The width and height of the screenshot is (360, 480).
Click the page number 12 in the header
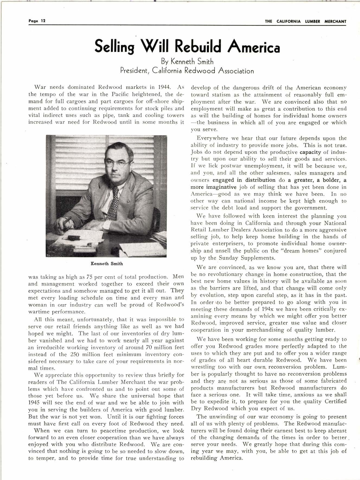[43, 21]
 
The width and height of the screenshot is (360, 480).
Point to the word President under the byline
[134, 71]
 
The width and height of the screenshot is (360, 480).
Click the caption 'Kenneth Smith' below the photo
[107, 264]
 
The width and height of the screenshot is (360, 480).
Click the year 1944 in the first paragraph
[164, 87]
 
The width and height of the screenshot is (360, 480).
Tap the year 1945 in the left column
[34, 403]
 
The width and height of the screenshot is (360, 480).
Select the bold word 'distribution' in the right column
[260, 180]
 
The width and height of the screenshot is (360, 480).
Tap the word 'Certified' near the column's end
[334, 402]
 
